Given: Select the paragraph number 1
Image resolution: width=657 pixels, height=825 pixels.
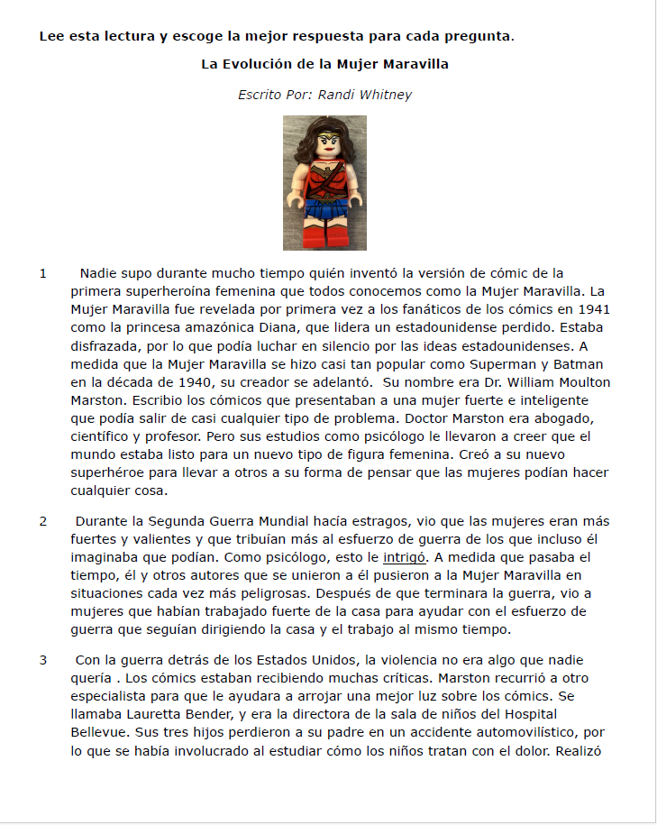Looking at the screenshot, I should pos(42,273).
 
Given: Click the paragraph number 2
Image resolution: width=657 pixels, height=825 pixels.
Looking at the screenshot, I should pos(42,521).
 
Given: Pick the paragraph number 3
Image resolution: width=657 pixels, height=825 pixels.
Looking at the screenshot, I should pos(42,660).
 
